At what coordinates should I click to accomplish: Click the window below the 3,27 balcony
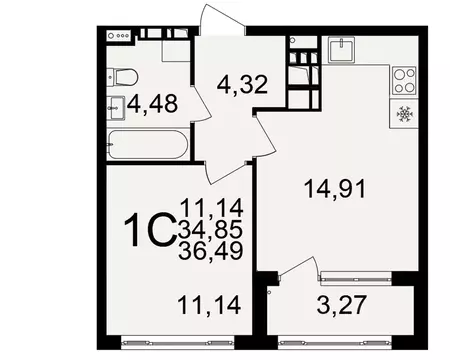coord(342,341)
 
